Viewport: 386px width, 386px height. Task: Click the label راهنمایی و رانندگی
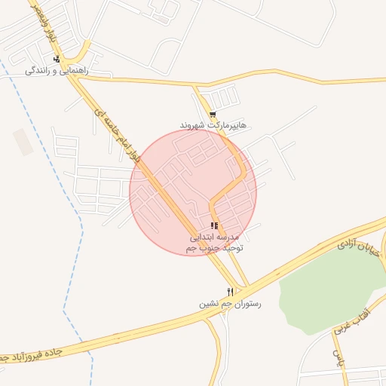tap(57, 70)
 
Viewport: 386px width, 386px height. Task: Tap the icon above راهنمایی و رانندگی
tap(57, 58)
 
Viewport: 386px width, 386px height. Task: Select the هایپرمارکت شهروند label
tap(213, 124)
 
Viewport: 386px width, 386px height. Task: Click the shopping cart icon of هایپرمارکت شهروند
tap(213, 114)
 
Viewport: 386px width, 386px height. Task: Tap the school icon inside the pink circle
tap(215, 225)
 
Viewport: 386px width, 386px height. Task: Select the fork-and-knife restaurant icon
tap(231, 291)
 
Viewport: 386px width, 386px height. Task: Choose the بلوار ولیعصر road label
tap(44, 23)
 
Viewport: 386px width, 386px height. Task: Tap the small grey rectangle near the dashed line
tap(23, 142)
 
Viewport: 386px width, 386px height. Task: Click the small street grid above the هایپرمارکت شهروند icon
tap(224, 97)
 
